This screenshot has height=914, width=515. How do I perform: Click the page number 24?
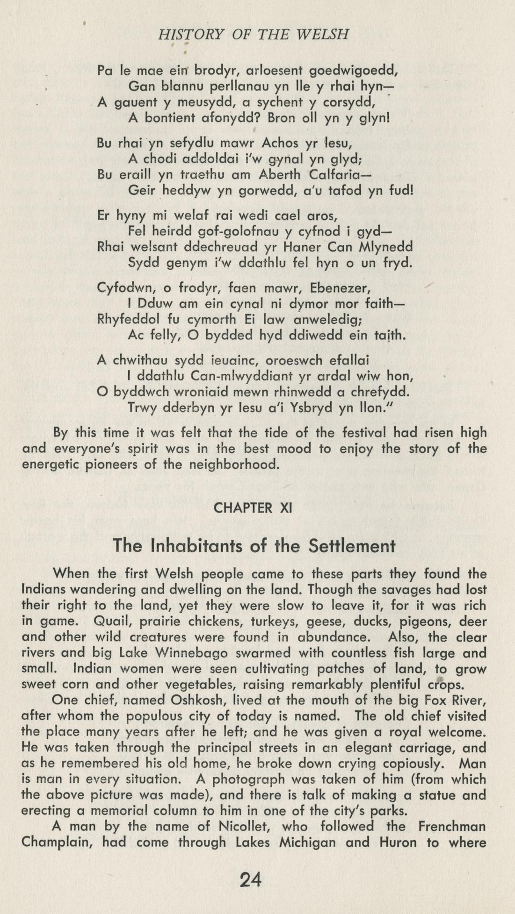pos(250,880)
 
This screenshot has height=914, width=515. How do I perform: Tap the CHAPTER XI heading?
pos(253,508)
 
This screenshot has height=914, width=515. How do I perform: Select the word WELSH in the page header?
pos(323,35)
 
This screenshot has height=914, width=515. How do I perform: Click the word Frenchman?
pos(452,827)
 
